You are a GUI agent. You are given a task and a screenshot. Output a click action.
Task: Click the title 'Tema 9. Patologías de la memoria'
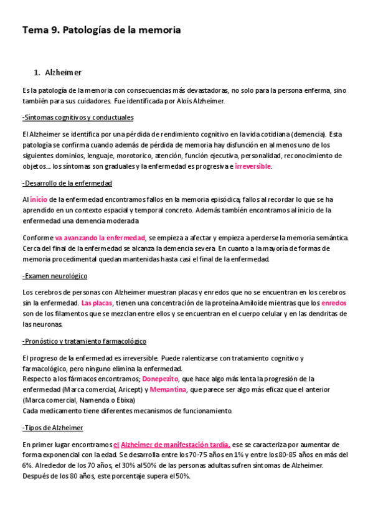click(102, 29)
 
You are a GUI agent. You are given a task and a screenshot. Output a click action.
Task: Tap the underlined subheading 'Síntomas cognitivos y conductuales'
click(78, 118)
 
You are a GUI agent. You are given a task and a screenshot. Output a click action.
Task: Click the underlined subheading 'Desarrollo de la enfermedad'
click(67, 183)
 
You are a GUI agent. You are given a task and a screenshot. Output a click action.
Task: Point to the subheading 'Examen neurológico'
click(55, 276)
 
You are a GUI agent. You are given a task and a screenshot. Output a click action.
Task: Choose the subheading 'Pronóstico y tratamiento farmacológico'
click(84, 341)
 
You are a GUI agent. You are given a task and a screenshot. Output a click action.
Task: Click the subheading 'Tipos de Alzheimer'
click(53, 428)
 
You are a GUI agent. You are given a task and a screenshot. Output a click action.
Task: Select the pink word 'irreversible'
click(253, 167)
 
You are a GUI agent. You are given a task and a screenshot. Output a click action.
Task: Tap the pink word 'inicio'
click(39, 199)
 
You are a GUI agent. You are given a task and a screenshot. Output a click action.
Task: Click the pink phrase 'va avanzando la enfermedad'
click(100, 238)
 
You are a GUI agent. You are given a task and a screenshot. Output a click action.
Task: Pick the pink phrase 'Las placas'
click(97, 303)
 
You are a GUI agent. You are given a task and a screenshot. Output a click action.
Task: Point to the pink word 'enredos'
click(334, 303)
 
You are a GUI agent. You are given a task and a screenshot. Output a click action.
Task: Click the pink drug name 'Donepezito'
click(160, 379)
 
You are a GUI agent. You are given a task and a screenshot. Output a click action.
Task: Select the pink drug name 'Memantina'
click(168, 389)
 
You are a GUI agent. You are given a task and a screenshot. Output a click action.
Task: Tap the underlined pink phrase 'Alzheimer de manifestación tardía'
click(176, 444)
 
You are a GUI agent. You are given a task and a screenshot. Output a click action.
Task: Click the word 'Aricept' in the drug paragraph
click(127, 389)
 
